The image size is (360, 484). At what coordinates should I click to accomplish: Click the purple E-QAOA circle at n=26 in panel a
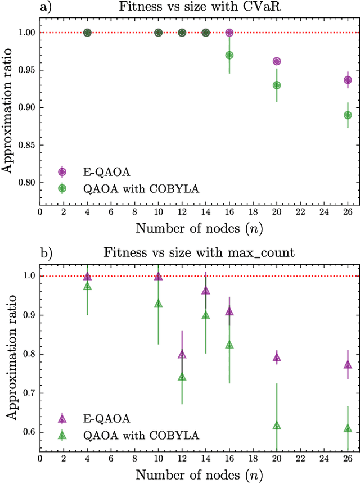click(348, 80)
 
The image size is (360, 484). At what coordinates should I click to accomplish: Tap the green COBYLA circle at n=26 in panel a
click(348, 115)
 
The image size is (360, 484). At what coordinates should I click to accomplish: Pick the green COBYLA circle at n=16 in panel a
click(229, 55)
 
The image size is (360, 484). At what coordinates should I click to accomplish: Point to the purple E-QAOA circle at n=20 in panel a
click(277, 61)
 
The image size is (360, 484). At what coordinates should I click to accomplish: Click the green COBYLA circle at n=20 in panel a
click(277, 85)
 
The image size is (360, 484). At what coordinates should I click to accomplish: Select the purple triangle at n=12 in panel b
click(182, 355)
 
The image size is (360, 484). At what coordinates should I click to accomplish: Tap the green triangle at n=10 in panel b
click(158, 304)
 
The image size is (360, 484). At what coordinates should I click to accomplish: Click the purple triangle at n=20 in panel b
click(277, 357)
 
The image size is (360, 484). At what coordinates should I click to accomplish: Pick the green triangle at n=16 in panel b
click(229, 345)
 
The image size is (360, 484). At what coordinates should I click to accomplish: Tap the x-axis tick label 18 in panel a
click(253, 212)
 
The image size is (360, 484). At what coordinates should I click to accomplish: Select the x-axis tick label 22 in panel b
click(300, 458)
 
